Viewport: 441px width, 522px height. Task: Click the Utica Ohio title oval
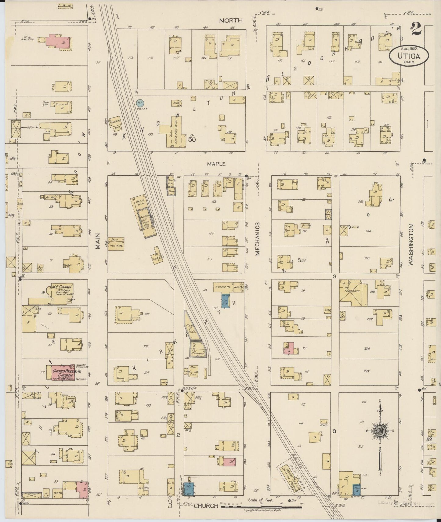(x=409, y=55)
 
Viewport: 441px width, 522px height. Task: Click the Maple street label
(x=216, y=164)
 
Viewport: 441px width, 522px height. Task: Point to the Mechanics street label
(x=257, y=239)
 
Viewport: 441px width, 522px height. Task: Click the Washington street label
(x=411, y=245)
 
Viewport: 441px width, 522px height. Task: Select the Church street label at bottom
(x=206, y=506)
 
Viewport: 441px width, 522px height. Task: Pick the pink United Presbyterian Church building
(x=60, y=372)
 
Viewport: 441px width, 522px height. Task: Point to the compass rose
(x=380, y=431)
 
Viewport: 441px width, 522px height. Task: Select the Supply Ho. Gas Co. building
(x=229, y=287)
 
